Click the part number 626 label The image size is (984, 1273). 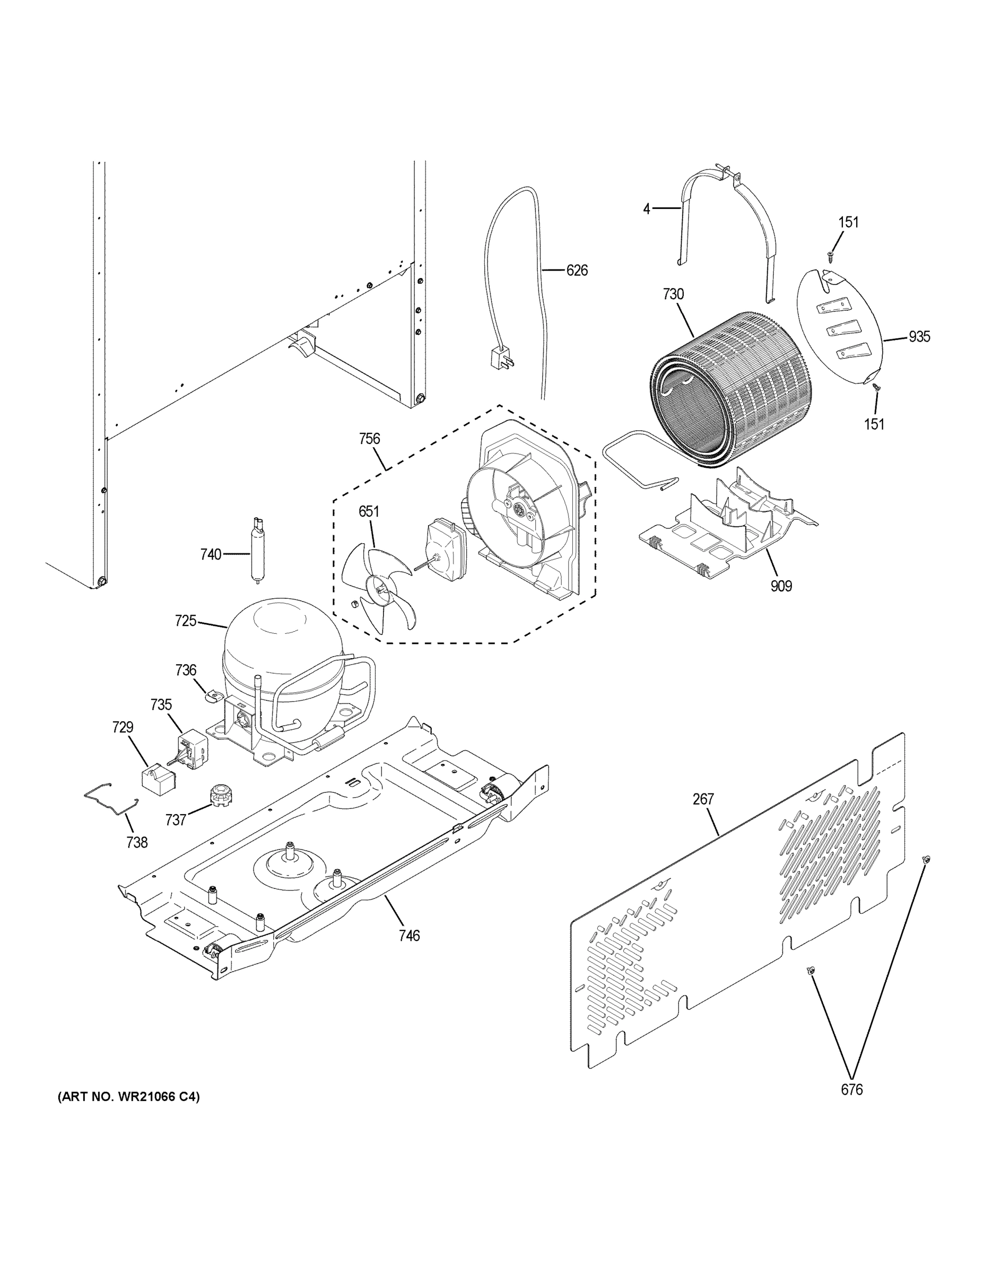(577, 271)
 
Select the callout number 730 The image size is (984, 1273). (673, 294)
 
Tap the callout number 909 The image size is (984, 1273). (781, 586)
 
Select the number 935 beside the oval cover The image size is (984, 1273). (919, 337)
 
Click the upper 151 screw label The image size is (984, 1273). (849, 222)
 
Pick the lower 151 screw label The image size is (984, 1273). (874, 424)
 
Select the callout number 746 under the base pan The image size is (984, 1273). (409, 936)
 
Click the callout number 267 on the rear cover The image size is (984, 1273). (703, 800)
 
